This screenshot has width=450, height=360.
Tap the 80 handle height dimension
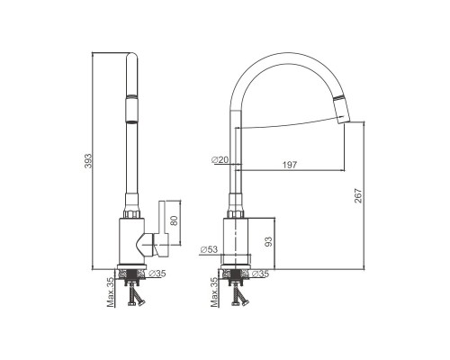pos(174,220)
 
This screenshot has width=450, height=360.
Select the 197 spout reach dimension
pos(290,165)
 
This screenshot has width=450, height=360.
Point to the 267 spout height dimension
pos(358,195)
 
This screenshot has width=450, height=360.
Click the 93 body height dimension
pos(268,241)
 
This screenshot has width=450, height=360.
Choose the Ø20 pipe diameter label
pos(220,160)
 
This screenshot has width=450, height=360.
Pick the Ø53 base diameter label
pos(209,249)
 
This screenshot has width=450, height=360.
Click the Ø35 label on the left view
pos(157,274)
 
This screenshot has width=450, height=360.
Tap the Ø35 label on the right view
pos(260,274)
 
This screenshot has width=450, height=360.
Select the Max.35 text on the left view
pos(111,292)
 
